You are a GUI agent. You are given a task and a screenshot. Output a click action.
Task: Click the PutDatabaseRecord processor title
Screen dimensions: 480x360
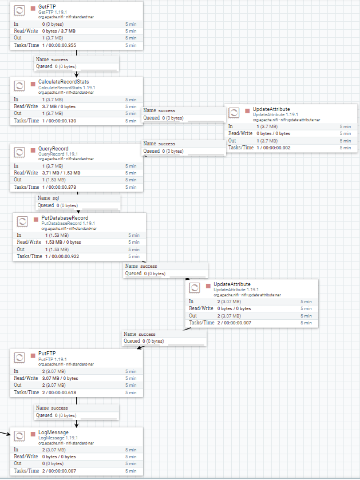pyautogui.click(x=65, y=217)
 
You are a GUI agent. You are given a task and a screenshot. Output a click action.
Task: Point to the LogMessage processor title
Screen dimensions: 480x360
pyautogui.click(x=53, y=432)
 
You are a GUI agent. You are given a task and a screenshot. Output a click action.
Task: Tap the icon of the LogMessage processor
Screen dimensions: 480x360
pyautogui.click(x=19, y=436)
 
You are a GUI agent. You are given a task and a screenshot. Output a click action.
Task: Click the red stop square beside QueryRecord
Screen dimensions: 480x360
pyautogui.click(x=33, y=148)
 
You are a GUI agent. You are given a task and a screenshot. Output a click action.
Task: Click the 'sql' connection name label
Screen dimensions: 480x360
pyautogui.click(x=56, y=197)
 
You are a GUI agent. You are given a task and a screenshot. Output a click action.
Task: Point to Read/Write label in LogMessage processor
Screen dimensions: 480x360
pyautogui.click(x=26, y=457)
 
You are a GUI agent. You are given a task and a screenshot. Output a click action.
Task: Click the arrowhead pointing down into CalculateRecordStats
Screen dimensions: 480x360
pyautogui.click(x=77, y=74)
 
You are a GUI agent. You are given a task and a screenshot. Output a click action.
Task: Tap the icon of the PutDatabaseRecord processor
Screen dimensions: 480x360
pyautogui.click(x=22, y=221)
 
